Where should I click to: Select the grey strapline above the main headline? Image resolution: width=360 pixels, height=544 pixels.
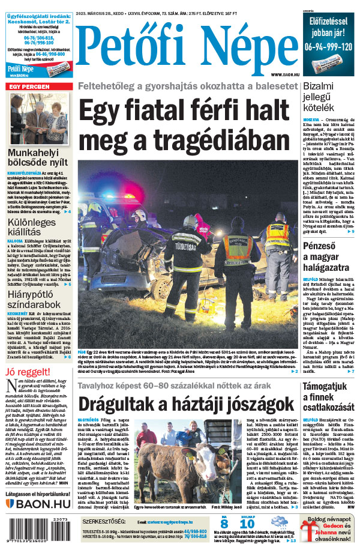pyautogui.click(x=187, y=86)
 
